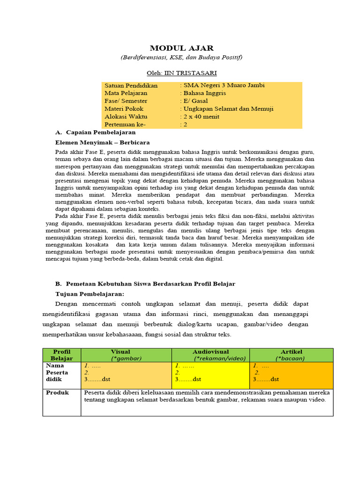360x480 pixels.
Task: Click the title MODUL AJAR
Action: pos(181,48)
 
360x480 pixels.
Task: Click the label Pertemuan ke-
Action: pos(125,125)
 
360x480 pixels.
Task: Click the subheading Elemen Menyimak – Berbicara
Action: pos(102,142)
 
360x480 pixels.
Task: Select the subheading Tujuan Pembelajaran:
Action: pos(90,294)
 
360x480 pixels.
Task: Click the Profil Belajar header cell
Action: pos(61,355)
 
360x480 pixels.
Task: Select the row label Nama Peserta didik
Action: pos(57,372)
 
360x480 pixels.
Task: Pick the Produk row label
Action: pos(57,393)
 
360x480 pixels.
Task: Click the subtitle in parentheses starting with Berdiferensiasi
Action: pos(181,57)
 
